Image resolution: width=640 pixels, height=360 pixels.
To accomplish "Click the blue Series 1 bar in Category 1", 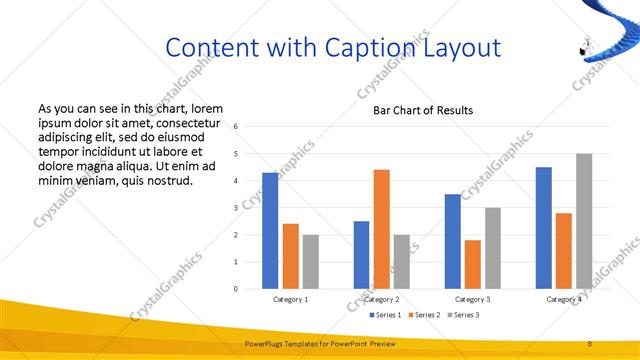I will [270, 231].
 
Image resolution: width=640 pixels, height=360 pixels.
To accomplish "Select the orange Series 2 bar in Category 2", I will [382, 229].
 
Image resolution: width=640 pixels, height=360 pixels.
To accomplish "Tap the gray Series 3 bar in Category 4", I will [584, 221].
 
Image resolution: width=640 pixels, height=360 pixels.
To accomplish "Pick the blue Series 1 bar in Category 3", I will [453, 241].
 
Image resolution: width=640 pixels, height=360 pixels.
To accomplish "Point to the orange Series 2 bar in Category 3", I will [473, 264].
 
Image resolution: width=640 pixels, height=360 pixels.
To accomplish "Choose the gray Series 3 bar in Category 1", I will [311, 262].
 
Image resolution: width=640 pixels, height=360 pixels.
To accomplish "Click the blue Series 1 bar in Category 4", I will [544, 228].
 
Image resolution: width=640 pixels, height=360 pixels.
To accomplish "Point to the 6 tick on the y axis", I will [235, 127].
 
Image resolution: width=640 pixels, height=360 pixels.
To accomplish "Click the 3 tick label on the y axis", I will [235, 208].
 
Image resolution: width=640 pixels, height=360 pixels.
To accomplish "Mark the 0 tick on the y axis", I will [235, 289].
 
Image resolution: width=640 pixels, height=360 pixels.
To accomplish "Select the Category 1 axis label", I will [291, 299].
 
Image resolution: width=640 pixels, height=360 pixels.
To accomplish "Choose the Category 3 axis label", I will [473, 299].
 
